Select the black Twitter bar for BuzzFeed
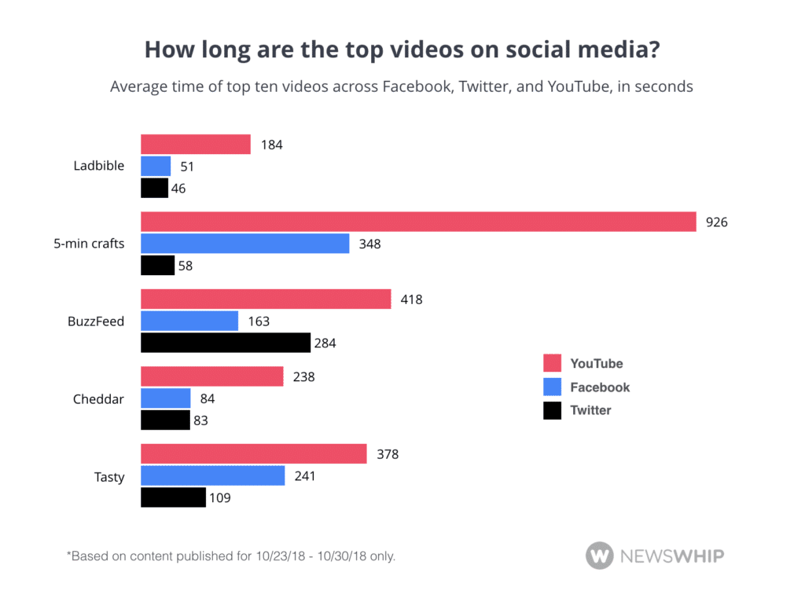coord(226,343)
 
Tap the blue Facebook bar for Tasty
coord(212,475)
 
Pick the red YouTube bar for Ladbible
coord(196,145)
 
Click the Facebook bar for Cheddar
coord(166,398)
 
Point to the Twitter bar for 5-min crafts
coord(157,266)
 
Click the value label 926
coord(717,222)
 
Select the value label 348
coord(369,244)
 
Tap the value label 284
coord(325,343)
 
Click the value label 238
coord(303,376)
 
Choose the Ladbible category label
coord(99,166)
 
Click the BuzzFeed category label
coord(96,321)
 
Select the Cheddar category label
coord(98,398)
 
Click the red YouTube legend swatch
coord(553,363)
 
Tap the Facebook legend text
coord(600,387)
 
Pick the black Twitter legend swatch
coord(553,410)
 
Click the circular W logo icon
coord(599,556)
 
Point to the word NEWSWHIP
coord(673,556)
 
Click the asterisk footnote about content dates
coord(230,556)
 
